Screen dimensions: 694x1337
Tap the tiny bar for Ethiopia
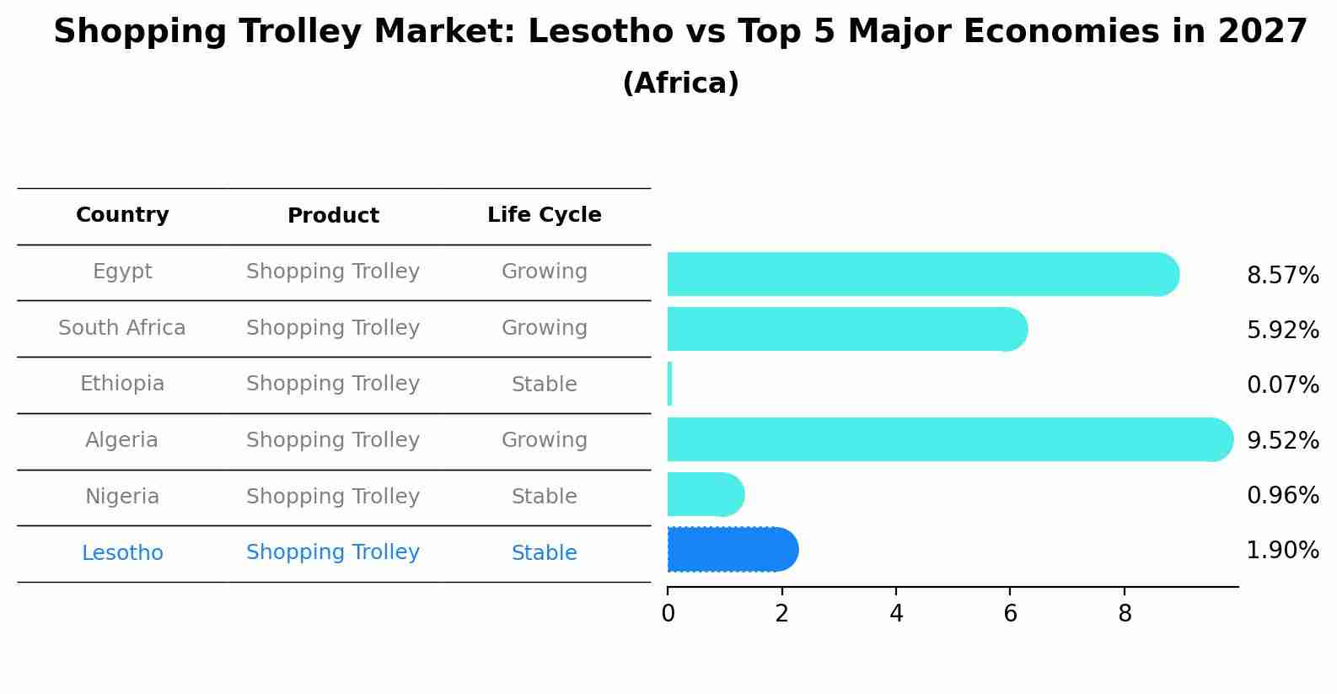(670, 385)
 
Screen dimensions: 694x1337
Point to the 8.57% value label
(1282, 276)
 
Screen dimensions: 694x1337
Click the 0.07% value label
(1282, 385)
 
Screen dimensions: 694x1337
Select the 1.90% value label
(1282, 551)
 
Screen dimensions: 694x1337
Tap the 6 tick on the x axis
(1010, 614)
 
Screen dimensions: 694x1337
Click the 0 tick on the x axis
(668, 614)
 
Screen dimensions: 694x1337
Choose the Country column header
(122, 215)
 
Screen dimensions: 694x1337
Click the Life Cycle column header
(544, 215)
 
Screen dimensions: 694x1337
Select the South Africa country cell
(122, 328)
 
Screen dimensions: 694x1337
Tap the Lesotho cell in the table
(122, 553)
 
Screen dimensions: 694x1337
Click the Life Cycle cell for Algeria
(544, 440)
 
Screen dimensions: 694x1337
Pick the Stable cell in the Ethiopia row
(544, 385)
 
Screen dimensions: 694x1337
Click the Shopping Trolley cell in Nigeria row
(333, 497)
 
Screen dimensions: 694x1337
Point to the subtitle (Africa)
(680, 83)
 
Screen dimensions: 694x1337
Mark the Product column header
(333, 216)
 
